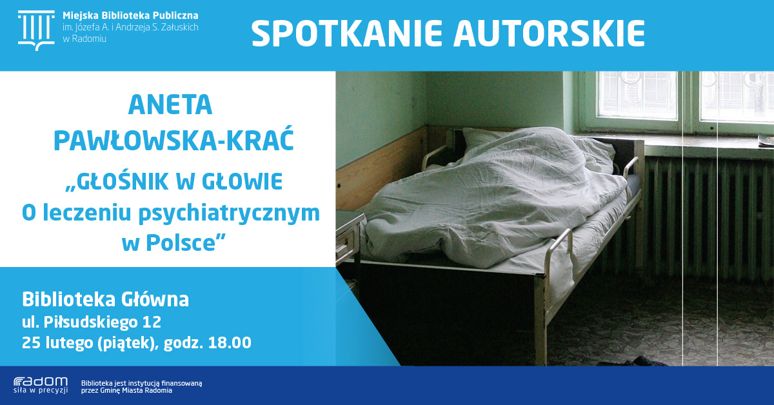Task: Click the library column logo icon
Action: [x=36, y=30]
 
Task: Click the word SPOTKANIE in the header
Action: [x=347, y=33]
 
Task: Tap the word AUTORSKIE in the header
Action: [x=549, y=33]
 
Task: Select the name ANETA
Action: [x=170, y=105]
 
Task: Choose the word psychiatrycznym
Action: [x=229, y=214]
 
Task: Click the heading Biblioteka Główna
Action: [x=105, y=301]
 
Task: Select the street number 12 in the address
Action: [x=152, y=322]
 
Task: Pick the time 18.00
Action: [x=230, y=343]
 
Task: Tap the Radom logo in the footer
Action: [x=41, y=385]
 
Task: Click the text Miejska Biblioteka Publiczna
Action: [x=130, y=15]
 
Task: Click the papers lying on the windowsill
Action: [x=766, y=141]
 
